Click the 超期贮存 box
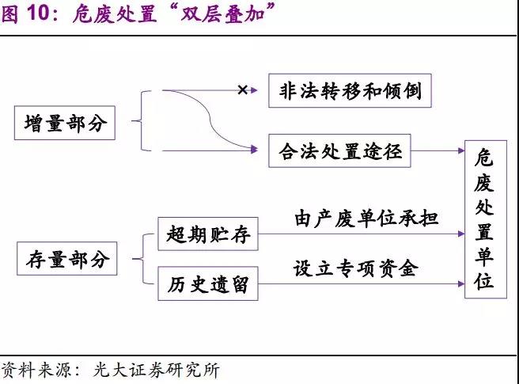[208, 234]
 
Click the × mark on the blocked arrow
[243, 90]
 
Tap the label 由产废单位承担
[366, 218]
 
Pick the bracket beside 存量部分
[142, 258]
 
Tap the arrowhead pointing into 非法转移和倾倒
[254, 90]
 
